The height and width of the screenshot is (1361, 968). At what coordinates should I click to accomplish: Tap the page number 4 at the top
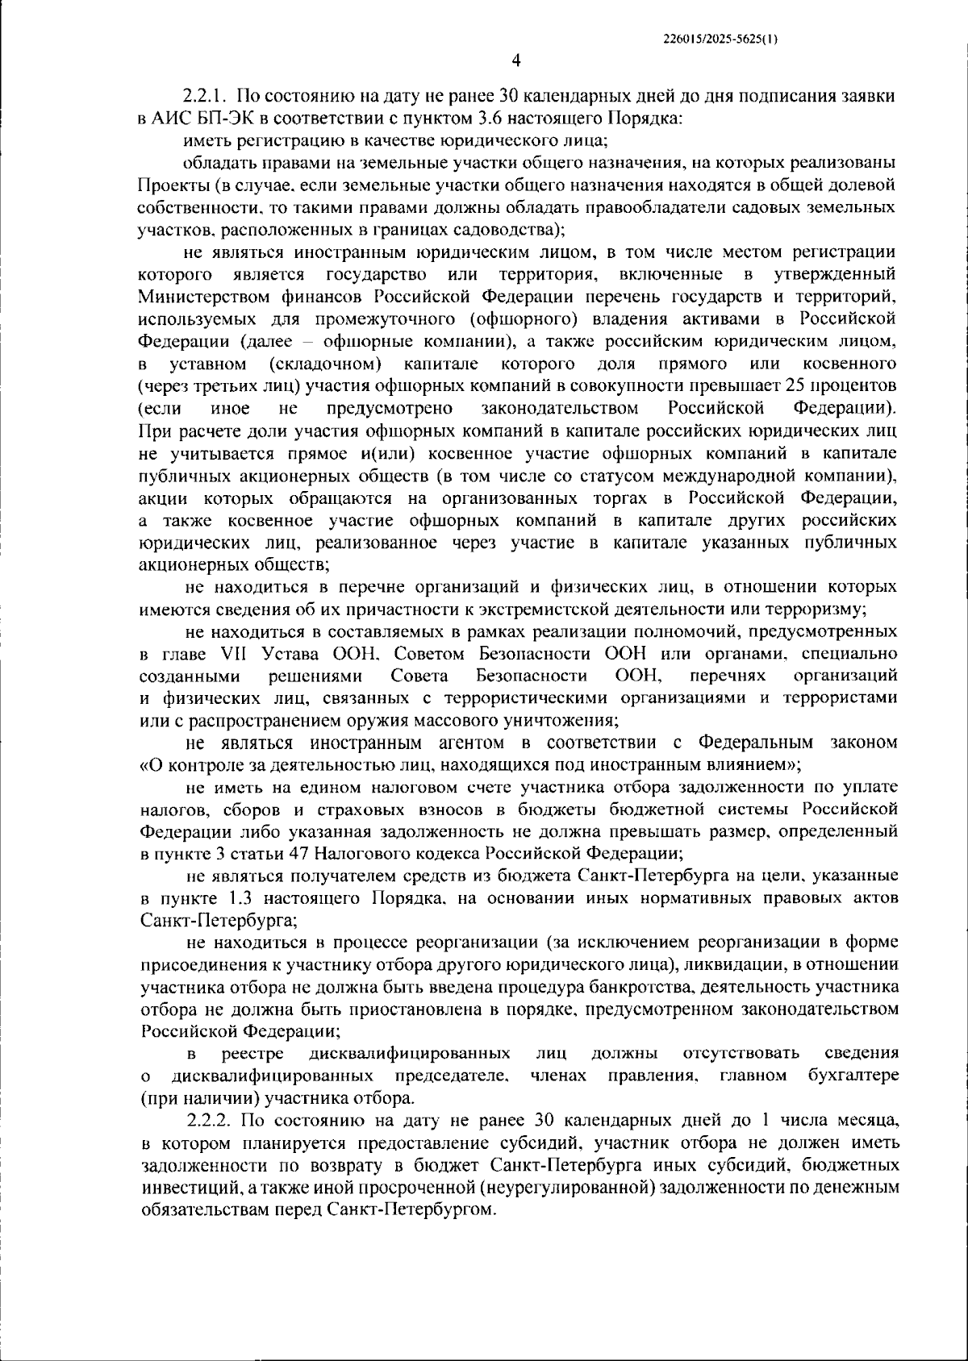(x=516, y=60)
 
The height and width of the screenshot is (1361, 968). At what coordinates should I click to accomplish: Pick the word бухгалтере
(x=853, y=1076)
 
